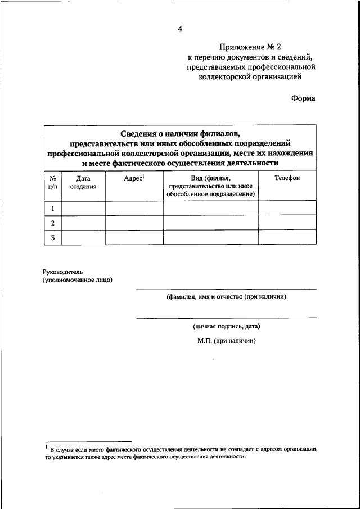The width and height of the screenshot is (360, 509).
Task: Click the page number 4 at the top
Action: tap(179, 29)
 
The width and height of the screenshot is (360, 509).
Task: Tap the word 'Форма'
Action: tap(303, 98)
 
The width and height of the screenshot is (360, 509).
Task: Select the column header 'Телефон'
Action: tap(287, 178)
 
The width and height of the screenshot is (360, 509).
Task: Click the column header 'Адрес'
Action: tap(134, 178)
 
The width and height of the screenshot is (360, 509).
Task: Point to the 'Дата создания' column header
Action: tap(83, 182)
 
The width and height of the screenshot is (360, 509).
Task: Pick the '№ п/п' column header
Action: tap(53, 182)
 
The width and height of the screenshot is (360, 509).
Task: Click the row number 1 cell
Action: tap(53, 209)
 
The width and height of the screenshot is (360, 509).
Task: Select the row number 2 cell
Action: tap(53, 223)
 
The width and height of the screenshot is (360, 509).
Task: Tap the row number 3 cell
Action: tap(53, 237)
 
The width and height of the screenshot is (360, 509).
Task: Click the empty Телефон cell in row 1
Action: tap(287, 209)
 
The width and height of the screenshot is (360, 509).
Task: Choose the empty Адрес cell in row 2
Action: tap(134, 223)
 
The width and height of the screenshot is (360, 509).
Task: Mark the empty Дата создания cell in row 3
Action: tap(83, 237)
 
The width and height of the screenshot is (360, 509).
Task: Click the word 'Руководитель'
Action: tap(62, 272)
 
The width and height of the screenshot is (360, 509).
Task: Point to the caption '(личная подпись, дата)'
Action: tap(226, 326)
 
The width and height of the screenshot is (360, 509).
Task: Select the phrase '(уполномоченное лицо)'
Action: tap(77, 280)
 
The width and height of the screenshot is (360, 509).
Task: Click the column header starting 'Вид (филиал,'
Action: tap(211, 186)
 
